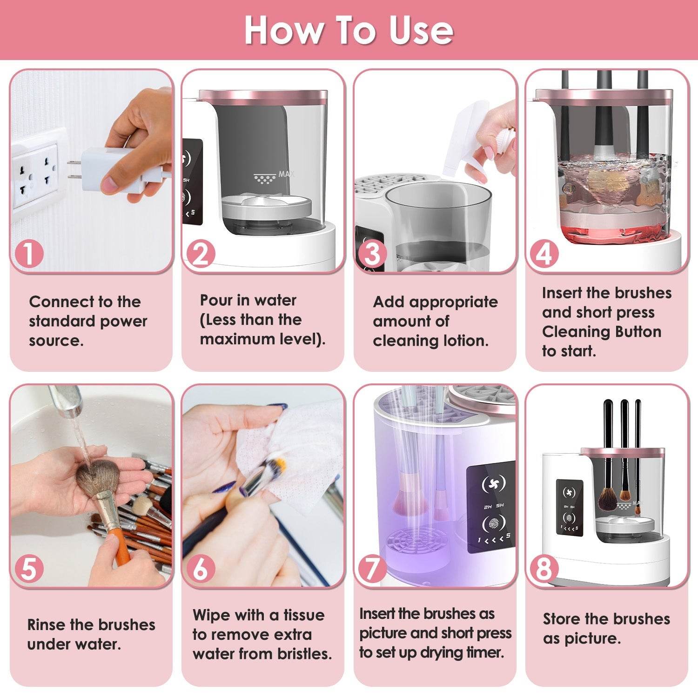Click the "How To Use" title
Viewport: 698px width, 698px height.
[x=349, y=30]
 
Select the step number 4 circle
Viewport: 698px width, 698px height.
[x=544, y=254]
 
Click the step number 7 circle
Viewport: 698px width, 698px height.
[x=373, y=569]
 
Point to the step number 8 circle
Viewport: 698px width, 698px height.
[x=544, y=569]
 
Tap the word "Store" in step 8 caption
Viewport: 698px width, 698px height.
[x=562, y=619]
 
